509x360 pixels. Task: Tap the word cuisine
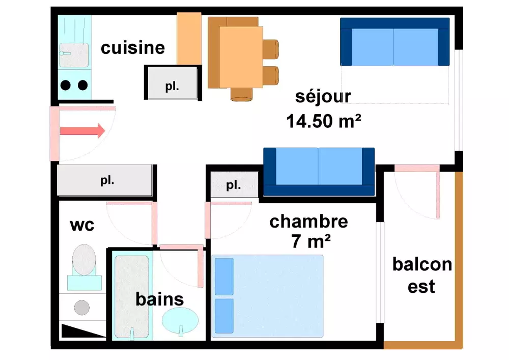(133, 48)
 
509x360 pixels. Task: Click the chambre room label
(308, 221)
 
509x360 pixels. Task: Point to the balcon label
(422, 264)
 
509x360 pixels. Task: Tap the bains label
(159, 299)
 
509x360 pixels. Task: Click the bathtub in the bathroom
(131, 295)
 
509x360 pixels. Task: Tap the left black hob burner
(66, 85)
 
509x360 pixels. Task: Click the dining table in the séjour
(241, 57)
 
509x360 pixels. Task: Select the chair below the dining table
(241, 94)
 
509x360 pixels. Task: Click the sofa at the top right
(395, 42)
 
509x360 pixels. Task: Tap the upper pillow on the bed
(224, 276)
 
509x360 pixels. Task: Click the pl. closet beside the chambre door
(234, 185)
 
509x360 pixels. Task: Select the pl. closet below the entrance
(105, 180)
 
